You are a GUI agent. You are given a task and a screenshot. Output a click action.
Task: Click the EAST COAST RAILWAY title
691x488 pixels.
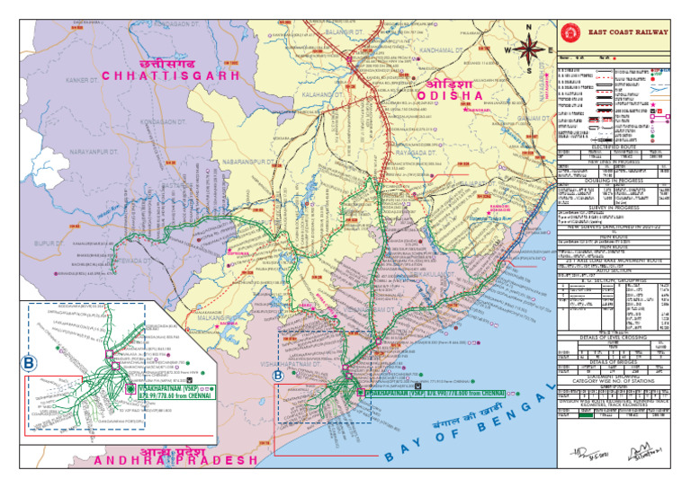point(628,32)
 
